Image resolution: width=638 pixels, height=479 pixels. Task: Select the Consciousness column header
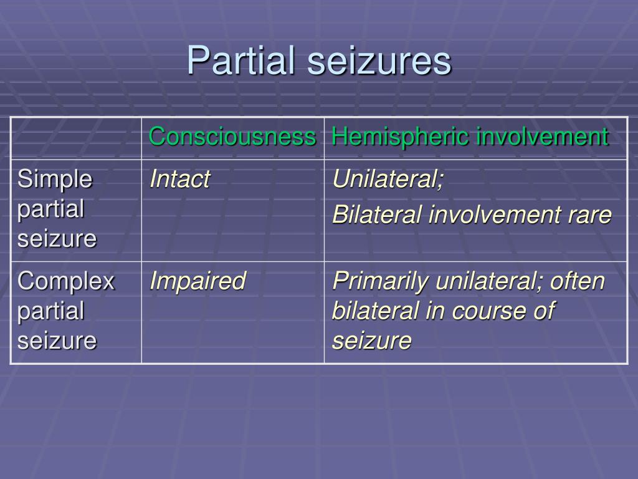point(232,137)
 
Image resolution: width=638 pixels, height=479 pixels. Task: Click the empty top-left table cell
point(75,138)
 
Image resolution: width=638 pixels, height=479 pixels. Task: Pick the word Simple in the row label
point(55,180)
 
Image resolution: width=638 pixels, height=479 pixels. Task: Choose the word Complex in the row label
point(66,281)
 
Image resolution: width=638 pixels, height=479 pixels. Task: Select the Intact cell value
point(179,180)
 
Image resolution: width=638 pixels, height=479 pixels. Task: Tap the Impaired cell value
point(198,281)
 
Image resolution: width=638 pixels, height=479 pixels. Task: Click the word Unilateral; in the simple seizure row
point(388,180)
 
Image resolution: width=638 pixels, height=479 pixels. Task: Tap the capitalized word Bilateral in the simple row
point(377,215)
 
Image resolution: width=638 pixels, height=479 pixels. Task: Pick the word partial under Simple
point(50,209)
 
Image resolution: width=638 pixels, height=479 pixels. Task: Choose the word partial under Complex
point(50,311)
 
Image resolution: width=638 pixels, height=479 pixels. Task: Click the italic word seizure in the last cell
point(371,341)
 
